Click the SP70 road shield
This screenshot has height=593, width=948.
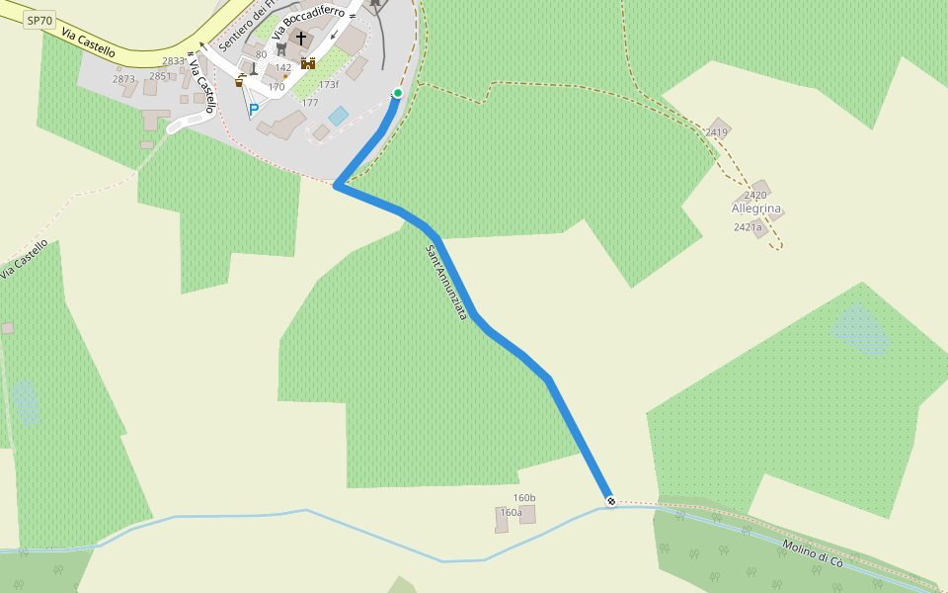click(39, 20)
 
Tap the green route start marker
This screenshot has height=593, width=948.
click(398, 93)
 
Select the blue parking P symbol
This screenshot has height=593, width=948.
click(253, 110)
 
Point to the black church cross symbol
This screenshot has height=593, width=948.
click(301, 38)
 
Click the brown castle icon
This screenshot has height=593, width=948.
click(308, 63)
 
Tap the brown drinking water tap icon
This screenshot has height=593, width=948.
click(240, 80)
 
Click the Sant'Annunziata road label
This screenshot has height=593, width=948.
click(445, 282)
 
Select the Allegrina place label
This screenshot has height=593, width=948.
click(756, 209)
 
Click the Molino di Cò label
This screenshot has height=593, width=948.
click(813, 553)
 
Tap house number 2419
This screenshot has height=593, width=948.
click(717, 132)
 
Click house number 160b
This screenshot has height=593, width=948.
click(524, 497)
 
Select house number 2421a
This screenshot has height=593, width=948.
click(748, 227)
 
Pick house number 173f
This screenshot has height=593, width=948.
click(328, 84)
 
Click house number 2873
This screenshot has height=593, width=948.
click(123, 79)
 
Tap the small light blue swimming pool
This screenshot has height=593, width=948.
click(339, 116)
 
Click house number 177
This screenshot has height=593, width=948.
click(310, 103)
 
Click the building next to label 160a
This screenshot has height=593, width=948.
click(527, 514)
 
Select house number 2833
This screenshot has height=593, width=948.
click(174, 61)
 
